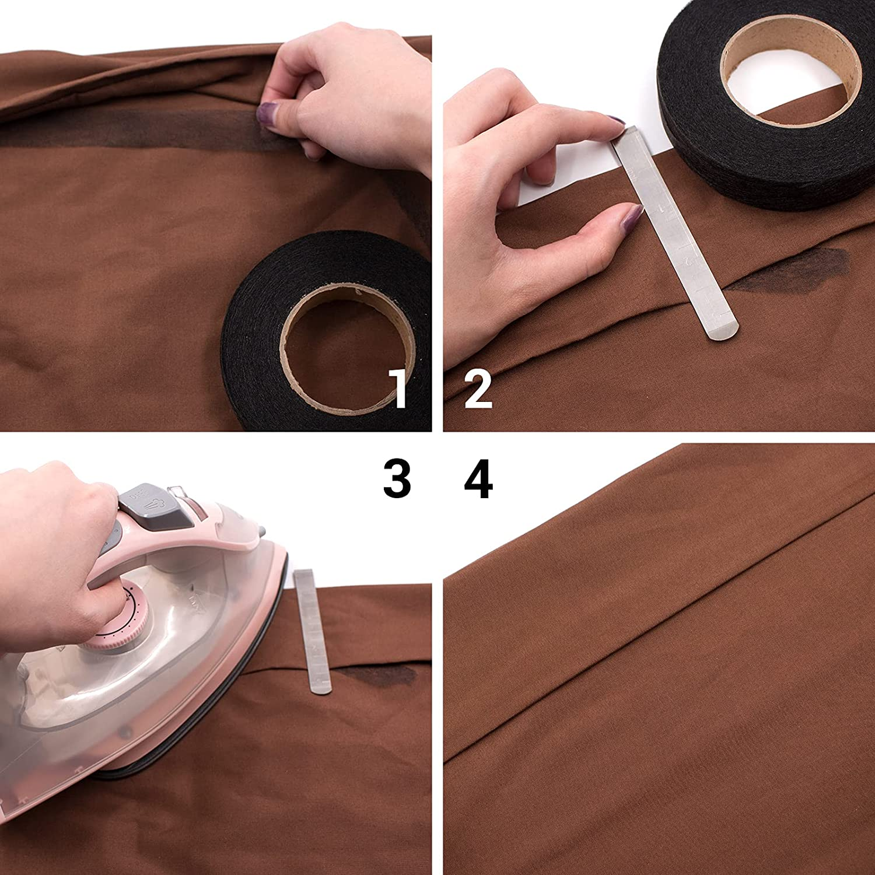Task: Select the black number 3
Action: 397,478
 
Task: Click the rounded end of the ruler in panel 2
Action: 722,335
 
